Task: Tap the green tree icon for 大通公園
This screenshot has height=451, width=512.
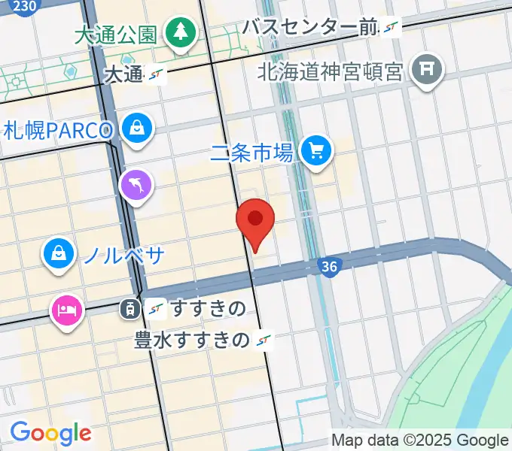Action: pyautogui.click(x=181, y=32)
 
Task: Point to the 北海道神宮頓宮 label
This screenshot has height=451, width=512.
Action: pyautogui.click(x=332, y=71)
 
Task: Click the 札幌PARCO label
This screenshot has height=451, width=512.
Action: pyautogui.click(x=57, y=130)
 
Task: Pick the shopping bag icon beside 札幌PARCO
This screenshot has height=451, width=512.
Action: pyautogui.click(x=139, y=129)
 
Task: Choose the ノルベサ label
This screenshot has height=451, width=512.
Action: pyautogui.click(x=123, y=255)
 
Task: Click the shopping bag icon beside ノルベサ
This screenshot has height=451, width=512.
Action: pyautogui.click(x=58, y=253)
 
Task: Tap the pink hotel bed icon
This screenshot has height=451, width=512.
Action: pyautogui.click(x=66, y=310)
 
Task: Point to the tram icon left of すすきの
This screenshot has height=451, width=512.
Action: pyautogui.click(x=130, y=307)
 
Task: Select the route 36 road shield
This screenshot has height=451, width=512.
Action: pyautogui.click(x=328, y=266)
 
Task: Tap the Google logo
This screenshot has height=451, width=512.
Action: pyautogui.click(x=50, y=432)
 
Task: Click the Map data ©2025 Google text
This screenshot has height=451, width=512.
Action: pyautogui.click(x=420, y=440)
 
